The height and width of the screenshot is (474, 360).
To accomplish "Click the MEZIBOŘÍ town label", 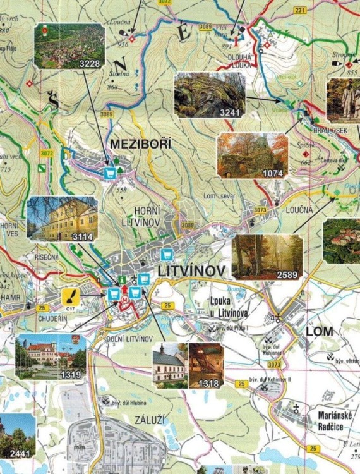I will [x=141, y=144].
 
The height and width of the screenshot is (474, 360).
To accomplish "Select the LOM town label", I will [x=319, y=331].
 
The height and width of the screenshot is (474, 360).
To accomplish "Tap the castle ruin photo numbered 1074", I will [x=252, y=155].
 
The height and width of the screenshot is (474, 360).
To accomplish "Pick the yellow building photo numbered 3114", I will [x=62, y=219].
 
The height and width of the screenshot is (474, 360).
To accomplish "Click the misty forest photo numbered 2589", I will [x=267, y=257].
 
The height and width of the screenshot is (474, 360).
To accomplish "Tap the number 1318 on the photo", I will [x=208, y=384].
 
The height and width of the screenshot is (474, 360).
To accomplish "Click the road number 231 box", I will [x=299, y=10].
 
